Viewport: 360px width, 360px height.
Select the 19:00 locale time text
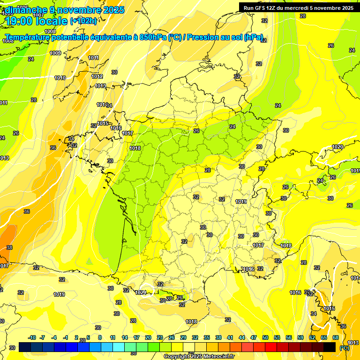coord(37,21)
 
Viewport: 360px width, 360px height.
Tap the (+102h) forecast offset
coord(83,21)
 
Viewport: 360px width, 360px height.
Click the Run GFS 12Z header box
coord(298,7)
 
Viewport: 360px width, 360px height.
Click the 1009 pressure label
coord(55,53)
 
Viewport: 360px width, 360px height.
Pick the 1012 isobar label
coord(97,76)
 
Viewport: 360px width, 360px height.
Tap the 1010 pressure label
coord(60,78)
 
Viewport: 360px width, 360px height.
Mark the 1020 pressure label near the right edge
coord(337,147)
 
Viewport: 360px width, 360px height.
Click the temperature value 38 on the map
coord(9,247)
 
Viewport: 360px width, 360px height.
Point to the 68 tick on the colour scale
coord(336,337)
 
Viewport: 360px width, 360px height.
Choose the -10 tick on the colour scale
coord(32,337)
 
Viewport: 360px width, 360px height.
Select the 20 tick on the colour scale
coord(148,337)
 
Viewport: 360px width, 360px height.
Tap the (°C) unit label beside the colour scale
coord(344,347)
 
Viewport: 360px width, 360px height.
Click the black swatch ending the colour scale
coord(330,347)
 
